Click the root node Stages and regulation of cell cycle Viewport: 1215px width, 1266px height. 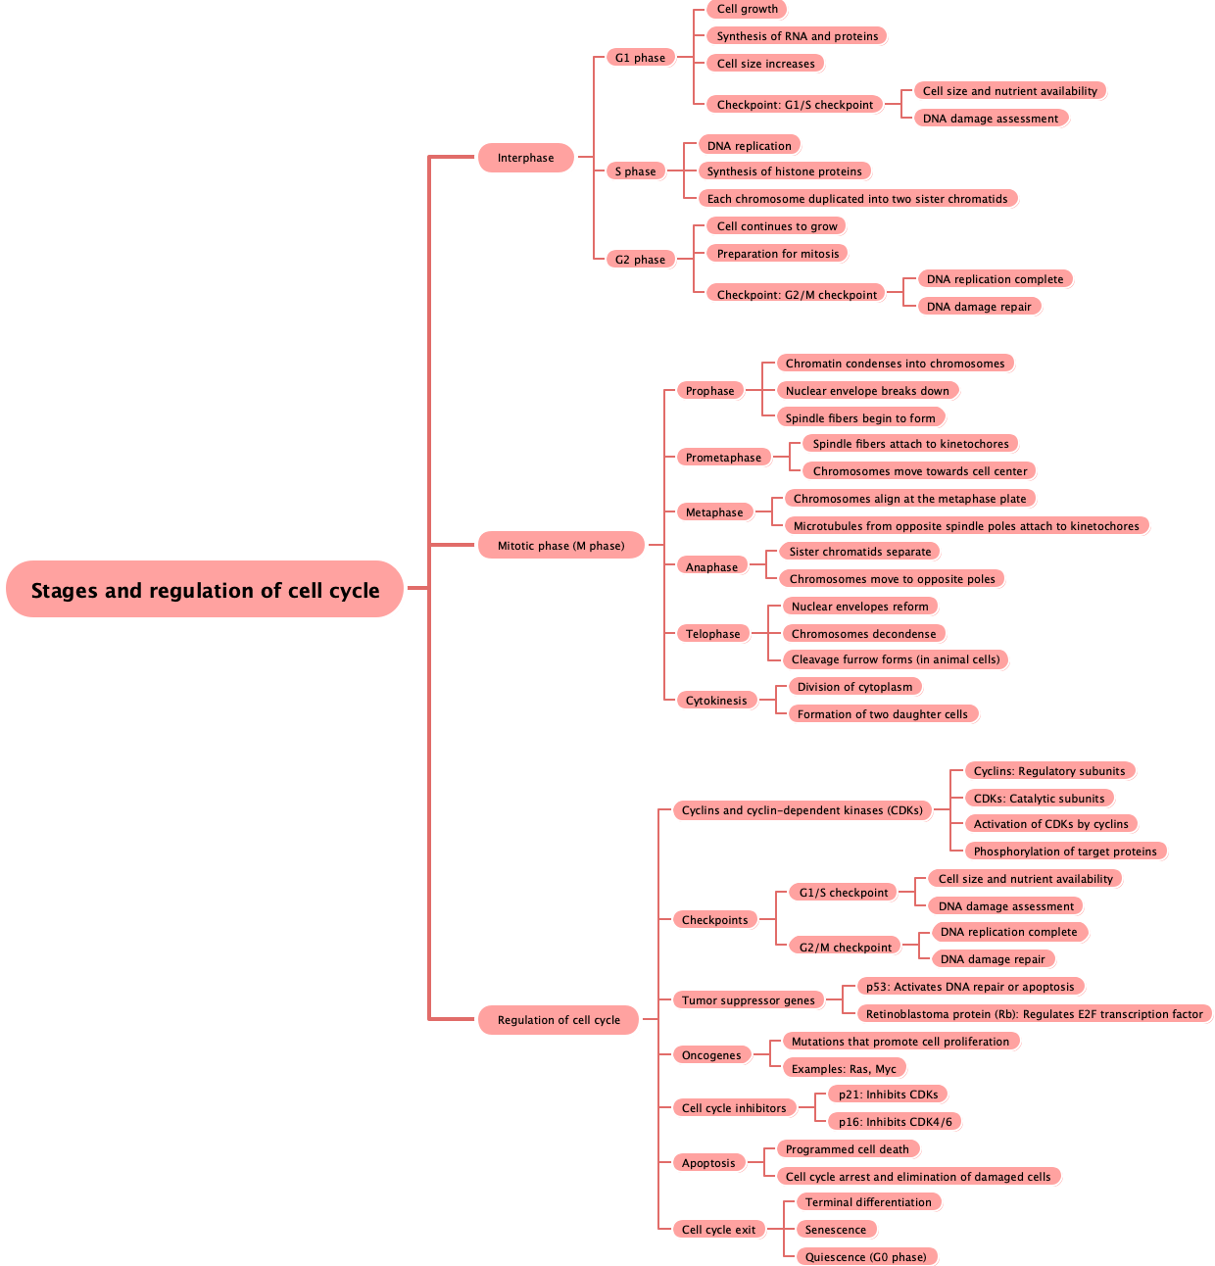[205, 590]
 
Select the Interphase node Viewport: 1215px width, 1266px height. [525, 158]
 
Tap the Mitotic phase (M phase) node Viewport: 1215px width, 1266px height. [560, 546]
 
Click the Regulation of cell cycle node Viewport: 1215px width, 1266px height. [559, 1020]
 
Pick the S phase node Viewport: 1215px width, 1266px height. [635, 171]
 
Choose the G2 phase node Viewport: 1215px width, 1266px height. [640, 260]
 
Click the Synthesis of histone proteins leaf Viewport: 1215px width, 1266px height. [784, 171]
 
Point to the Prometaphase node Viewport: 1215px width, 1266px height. [723, 458]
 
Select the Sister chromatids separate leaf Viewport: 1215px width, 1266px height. [859, 552]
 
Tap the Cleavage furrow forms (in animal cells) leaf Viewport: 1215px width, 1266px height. [895, 659]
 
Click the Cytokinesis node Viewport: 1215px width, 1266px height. [715, 701]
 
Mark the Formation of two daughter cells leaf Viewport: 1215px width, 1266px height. [882, 714]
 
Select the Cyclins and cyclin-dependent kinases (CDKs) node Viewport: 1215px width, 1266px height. [802, 810]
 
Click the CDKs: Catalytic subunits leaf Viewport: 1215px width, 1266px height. [1039, 799]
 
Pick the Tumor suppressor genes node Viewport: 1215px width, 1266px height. [748, 1000]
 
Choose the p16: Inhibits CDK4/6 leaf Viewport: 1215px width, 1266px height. [895, 1122]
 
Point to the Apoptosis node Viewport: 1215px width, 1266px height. [707, 1163]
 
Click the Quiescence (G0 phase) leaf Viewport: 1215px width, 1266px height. [865, 1257]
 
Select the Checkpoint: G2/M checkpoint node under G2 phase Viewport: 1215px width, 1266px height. [797, 295]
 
